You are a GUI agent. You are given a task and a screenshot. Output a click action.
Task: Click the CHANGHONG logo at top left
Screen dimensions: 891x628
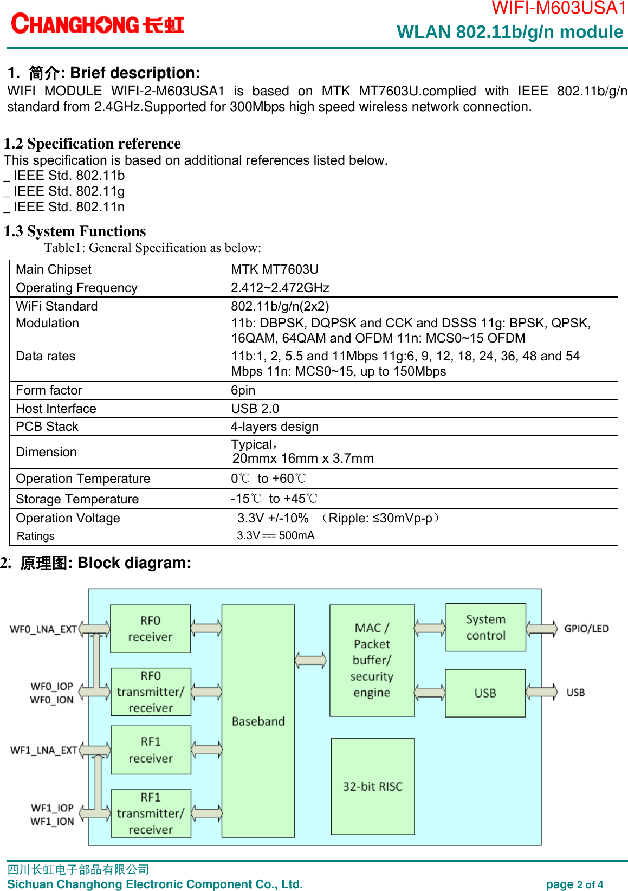click(x=98, y=24)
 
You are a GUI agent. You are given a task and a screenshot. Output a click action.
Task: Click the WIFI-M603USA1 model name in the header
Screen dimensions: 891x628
click(x=558, y=8)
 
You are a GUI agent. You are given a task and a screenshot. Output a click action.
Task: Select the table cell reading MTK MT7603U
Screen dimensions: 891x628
click(x=275, y=269)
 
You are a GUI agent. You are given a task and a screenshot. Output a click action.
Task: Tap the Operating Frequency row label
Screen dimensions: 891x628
click(x=76, y=288)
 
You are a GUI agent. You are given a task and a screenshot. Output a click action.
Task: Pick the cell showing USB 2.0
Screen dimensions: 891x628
click(x=255, y=409)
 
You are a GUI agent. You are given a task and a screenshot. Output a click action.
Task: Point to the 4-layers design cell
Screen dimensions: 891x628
click(x=275, y=427)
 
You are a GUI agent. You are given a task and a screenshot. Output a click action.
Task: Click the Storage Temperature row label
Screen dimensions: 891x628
click(x=77, y=499)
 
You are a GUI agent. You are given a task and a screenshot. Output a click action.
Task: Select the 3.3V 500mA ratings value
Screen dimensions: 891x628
click(x=275, y=535)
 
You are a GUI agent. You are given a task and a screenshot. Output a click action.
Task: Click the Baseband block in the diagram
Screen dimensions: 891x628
click(x=258, y=721)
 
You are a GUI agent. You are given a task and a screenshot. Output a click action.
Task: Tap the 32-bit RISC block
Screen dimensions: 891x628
click(x=373, y=786)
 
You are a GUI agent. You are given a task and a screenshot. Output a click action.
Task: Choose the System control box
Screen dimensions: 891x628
click(x=485, y=627)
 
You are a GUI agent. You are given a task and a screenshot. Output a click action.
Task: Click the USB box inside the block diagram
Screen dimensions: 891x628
click(x=485, y=693)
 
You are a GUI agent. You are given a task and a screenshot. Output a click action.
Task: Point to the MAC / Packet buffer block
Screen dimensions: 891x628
click(x=372, y=660)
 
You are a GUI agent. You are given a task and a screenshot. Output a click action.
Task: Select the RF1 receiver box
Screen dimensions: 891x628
click(x=151, y=750)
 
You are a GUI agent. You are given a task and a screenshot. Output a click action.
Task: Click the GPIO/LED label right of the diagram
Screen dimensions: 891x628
click(x=586, y=629)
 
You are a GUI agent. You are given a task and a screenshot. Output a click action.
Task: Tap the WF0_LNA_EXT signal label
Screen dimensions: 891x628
click(x=43, y=629)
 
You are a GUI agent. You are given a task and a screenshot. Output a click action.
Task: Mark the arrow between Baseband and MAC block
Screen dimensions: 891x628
click(x=310, y=660)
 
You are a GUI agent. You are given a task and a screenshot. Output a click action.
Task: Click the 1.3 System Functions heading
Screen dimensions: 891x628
click(x=75, y=231)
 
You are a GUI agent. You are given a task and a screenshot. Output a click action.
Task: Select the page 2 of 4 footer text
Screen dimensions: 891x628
click(x=574, y=884)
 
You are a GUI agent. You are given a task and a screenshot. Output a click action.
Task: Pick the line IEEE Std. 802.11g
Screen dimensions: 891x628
click(x=69, y=191)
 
